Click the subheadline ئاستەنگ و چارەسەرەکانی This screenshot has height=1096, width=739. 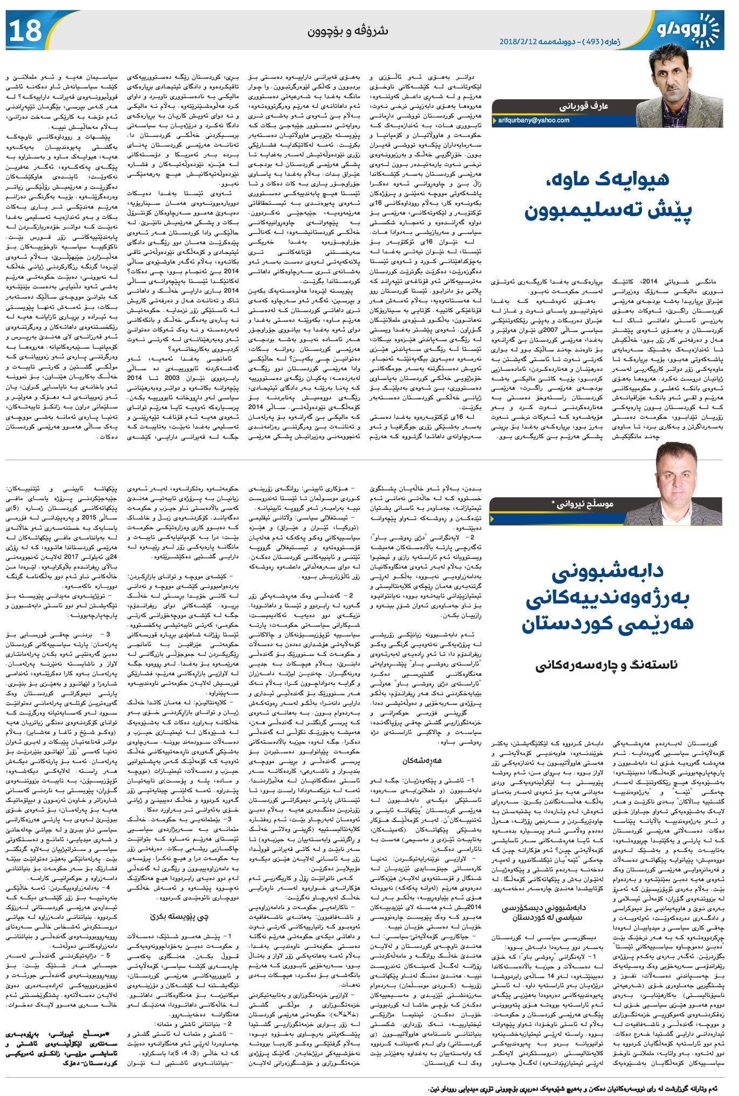606,664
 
